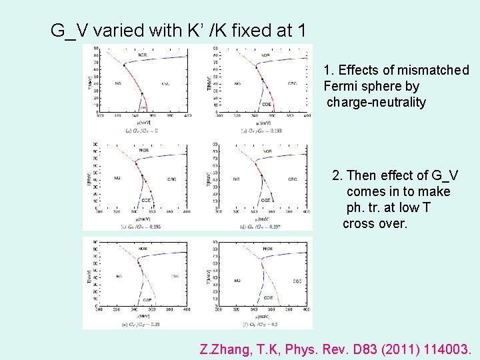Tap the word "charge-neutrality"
376,102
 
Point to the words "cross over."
375,223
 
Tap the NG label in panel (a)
117,83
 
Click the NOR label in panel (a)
142,55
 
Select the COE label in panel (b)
266,104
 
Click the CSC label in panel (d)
292,179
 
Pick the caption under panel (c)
141,227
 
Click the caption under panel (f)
263,324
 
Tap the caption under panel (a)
142,131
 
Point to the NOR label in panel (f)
267,249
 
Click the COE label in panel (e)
147,299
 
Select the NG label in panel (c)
117,179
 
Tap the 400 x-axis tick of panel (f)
307,309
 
